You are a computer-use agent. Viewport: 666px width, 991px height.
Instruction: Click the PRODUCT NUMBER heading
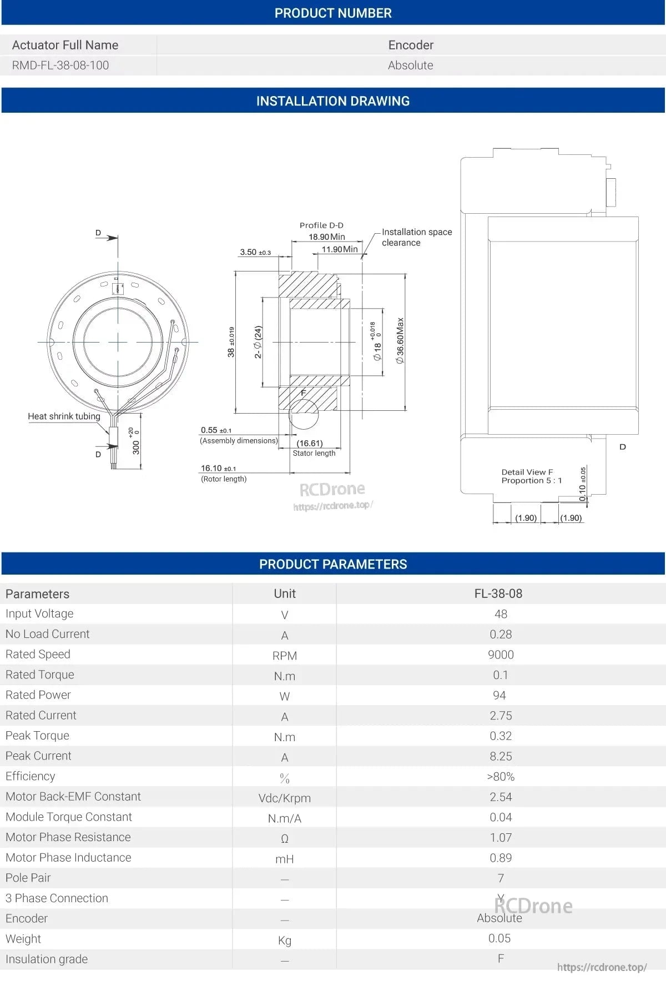(x=333, y=13)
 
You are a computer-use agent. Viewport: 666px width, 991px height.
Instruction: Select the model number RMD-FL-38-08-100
(x=60, y=65)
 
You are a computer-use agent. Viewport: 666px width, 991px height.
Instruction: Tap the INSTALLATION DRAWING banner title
(x=333, y=101)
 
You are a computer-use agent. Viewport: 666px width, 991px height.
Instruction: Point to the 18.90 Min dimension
(x=327, y=237)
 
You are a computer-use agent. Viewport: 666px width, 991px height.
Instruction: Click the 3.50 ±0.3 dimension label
(x=255, y=252)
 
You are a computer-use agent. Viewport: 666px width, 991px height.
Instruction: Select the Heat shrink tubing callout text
(x=64, y=416)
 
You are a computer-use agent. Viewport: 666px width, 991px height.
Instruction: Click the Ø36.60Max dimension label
(x=400, y=341)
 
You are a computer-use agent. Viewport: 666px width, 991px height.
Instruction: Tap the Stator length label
(x=314, y=453)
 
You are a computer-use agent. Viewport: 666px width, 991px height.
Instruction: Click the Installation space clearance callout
(x=416, y=237)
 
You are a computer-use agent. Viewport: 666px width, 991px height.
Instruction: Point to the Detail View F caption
(x=527, y=472)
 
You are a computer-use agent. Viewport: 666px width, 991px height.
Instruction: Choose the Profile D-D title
(x=321, y=225)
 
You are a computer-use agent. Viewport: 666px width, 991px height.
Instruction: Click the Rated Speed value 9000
(x=501, y=655)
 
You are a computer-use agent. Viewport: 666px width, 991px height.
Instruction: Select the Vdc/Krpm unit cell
(x=284, y=798)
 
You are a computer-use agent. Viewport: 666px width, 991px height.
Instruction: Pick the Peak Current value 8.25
(x=501, y=756)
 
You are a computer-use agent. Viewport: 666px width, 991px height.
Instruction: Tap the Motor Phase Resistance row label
(x=68, y=837)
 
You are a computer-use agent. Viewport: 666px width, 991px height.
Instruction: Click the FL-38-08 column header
(x=498, y=593)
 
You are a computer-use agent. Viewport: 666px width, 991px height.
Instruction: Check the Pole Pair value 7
(x=501, y=878)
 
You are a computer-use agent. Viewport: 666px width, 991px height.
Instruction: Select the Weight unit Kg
(x=284, y=940)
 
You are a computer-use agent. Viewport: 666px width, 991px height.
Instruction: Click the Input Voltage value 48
(x=501, y=614)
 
